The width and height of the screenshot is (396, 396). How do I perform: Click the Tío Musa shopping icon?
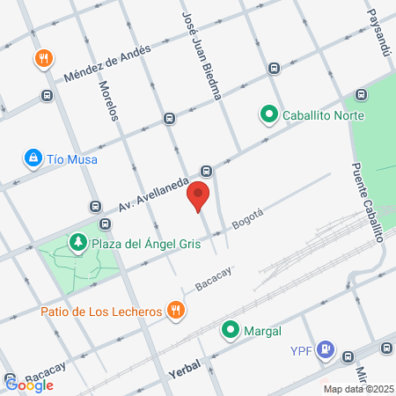[33, 158]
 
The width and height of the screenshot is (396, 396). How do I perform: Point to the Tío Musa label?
[72, 159]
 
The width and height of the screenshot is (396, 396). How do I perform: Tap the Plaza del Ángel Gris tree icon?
[78, 242]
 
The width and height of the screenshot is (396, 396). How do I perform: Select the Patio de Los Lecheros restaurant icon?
[178, 310]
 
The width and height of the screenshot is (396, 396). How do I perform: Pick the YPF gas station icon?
[326, 349]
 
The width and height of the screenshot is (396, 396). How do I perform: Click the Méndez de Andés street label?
[106, 63]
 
